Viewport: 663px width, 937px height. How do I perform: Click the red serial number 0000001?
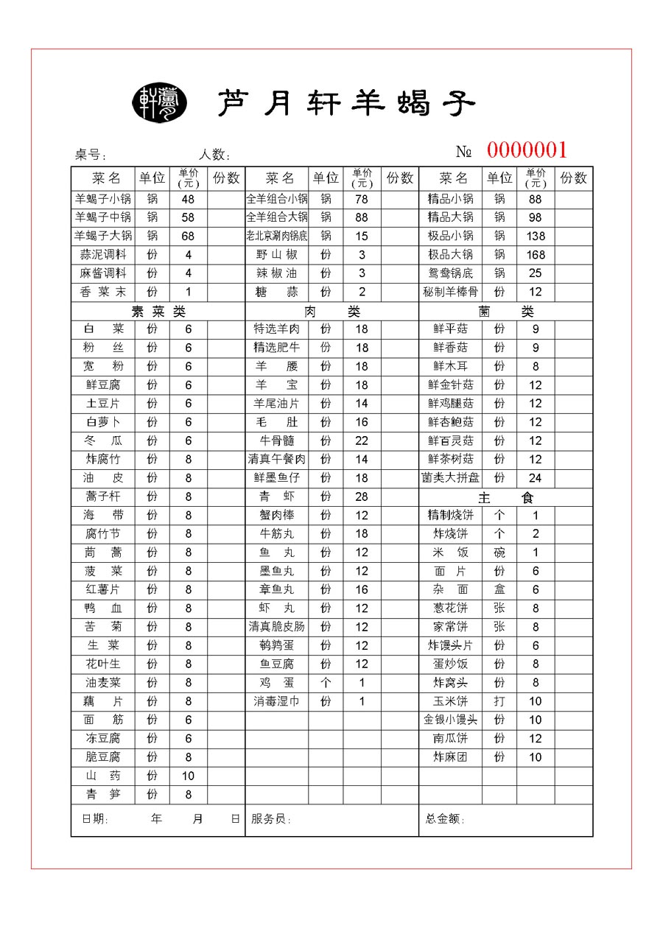click(527, 150)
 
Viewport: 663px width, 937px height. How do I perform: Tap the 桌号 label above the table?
click(91, 155)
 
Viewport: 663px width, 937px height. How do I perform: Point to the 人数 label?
click(214, 155)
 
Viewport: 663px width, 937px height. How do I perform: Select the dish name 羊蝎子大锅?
click(103, 236)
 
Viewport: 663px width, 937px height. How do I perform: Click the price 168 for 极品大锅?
click(536, 255)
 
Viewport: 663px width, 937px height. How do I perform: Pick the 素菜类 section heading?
click(158, 312)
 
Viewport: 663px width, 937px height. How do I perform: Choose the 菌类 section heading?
click(505, 312)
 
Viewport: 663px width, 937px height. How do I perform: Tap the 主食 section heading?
click(505, 498)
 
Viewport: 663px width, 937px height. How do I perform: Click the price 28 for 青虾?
click(362, 496)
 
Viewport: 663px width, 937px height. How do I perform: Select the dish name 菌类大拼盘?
click(450, 478)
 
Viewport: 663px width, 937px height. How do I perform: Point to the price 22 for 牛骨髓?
click(362, 441)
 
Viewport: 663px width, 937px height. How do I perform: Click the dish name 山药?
click(103, 776)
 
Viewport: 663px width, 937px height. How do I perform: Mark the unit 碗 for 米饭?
click(499, 552)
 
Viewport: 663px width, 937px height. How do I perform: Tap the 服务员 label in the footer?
click(270, 819)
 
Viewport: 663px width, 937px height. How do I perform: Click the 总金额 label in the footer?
click(445, 819)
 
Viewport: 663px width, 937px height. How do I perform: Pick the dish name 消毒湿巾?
click(276, 701)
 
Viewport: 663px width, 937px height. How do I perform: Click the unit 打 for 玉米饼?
click(499, 701)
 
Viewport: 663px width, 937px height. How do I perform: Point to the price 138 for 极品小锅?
click(536, 236)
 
